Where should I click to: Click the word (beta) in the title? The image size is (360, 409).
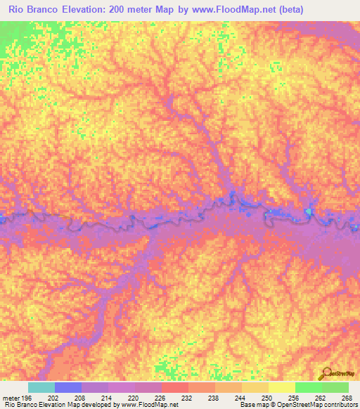click(288, 10)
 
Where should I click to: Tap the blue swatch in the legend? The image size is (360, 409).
click(67, 387)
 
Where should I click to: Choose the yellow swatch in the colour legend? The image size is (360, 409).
click(281, 387)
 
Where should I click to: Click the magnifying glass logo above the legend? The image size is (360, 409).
click(325, 373)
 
